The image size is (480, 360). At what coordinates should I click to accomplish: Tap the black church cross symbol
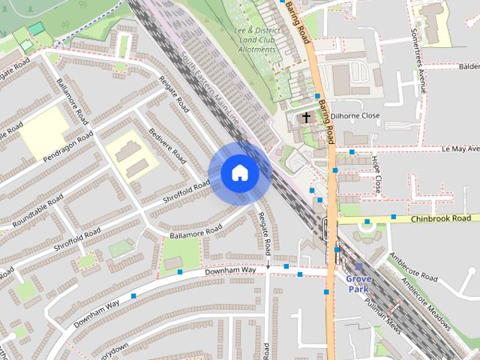pos(306,117)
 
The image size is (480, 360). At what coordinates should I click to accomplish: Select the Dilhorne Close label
pos(355,116)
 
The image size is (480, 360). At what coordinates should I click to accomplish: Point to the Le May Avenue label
pos(450,150)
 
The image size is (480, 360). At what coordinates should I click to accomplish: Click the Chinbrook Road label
pos(443,219)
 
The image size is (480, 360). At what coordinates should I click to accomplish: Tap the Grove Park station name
pos(358,283)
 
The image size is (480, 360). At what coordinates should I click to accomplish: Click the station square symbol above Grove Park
pos(358,266)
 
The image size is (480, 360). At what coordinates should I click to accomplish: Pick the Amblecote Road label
pos(413,267)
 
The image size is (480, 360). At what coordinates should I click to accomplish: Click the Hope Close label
pos(377,172)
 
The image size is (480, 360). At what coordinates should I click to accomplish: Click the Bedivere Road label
pos(166,144)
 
